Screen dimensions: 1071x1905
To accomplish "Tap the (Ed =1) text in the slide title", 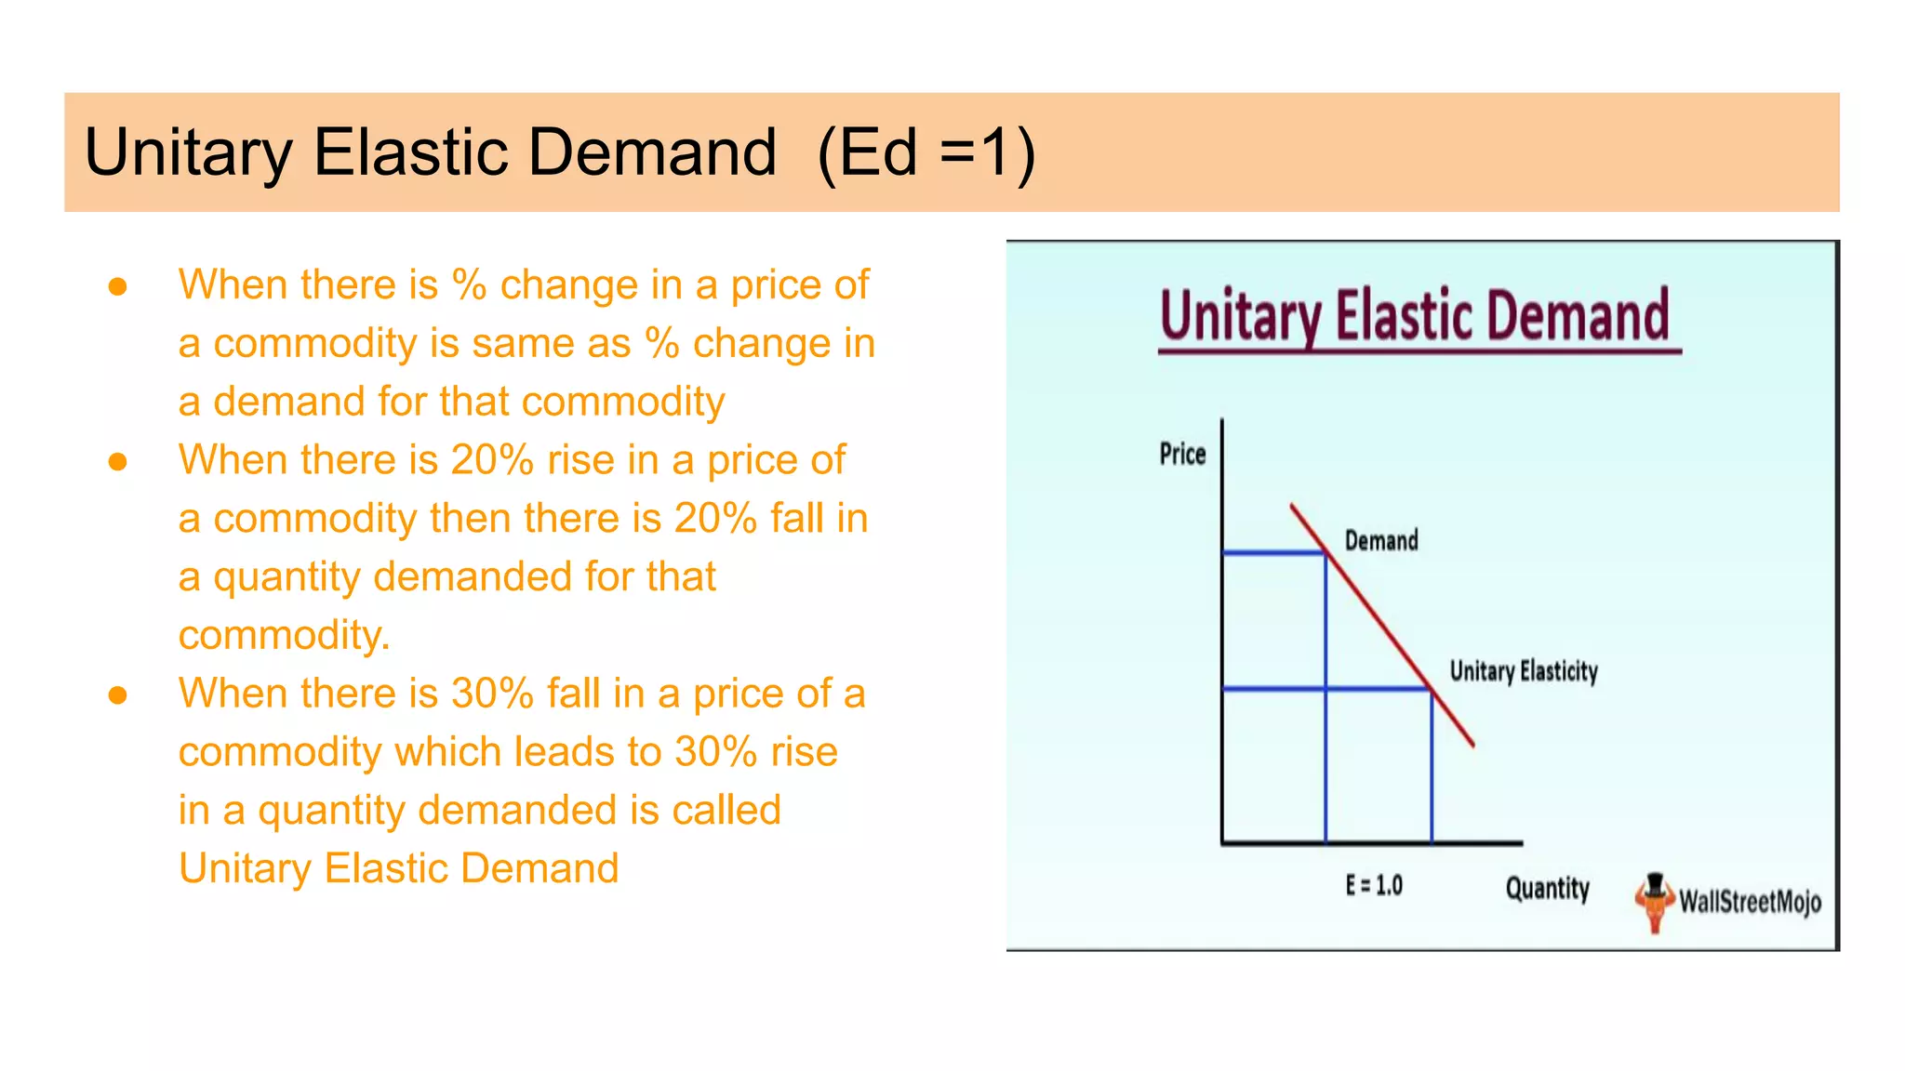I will [926, 152].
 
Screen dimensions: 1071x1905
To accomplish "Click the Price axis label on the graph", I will [1182, 454].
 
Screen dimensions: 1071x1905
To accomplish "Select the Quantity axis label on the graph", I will [1548, 888].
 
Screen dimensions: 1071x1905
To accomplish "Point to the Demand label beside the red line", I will [1381, 540].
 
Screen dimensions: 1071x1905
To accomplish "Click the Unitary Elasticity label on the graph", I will [1524, 670].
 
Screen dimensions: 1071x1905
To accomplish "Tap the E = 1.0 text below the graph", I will [1374, 885].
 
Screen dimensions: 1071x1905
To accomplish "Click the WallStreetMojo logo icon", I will [1654, 901].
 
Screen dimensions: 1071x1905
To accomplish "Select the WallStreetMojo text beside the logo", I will [1750, 901].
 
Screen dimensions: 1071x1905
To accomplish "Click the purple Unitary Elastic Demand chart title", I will [1415, 316].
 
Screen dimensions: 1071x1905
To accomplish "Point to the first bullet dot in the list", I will [117, 286].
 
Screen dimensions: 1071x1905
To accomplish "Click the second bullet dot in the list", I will [117, 461].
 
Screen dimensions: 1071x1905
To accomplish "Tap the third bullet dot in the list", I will [117, 694].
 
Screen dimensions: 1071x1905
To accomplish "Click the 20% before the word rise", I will [492, 460].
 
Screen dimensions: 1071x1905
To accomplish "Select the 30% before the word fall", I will [492, 694].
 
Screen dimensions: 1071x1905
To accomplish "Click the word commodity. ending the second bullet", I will [284, 635].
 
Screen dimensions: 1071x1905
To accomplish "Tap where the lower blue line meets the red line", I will [1431, 689].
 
